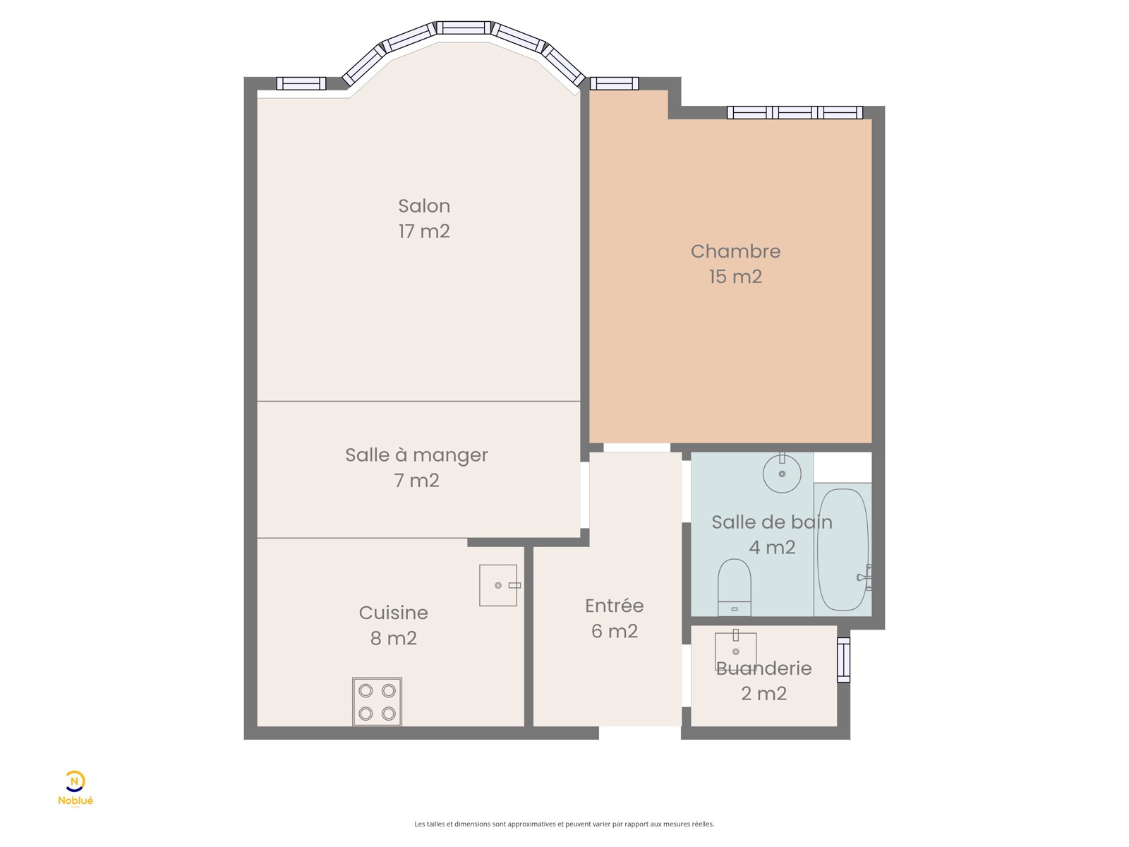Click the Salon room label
click(x=424, y=205)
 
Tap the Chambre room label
click(x=735, y=251)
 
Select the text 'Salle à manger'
click(x=416, y=455)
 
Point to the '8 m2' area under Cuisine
click(x=394, y=637)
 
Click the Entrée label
click(x=614, y=606)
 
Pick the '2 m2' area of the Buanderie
click(x=763, y=693)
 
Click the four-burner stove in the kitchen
click(x=377, y=702)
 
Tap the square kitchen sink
click(x=498, y=585)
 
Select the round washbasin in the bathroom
click(x=782, y=473)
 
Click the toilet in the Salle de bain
click(x=734, y=587)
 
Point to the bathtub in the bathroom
click(x=843, y=549)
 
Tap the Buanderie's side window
click(x=843, y=660)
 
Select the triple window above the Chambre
click(x=795, y=113)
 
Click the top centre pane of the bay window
click(x=464, y=28)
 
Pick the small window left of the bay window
click(x=301, y=83)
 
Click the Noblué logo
click(x=75, y=788)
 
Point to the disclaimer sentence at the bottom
click(x=564, y=824)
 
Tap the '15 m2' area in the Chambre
click(x=735, y=277)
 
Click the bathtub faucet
click(x=864, y=577)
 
